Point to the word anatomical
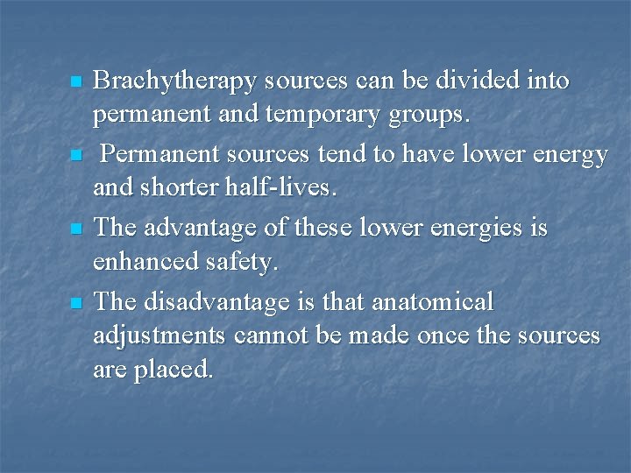[x=433, y=303]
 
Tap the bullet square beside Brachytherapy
[x=75, y=82]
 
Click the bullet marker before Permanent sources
[x=75, y=156]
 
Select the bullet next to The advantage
[x=75, y=229]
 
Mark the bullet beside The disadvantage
[x=75, y=303]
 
